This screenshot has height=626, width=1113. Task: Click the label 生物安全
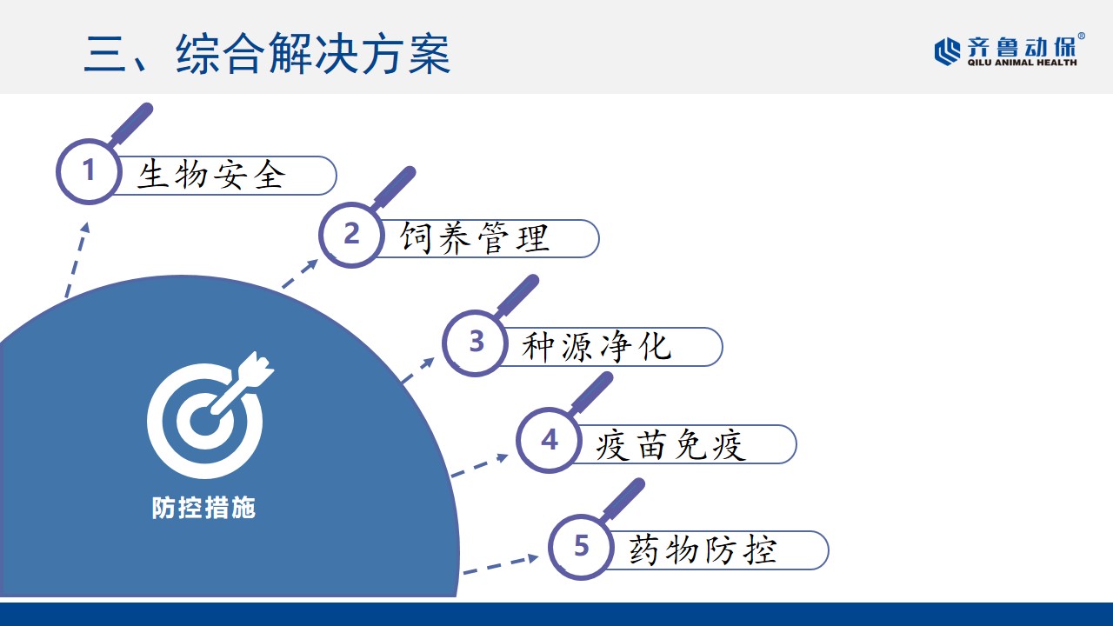coord(211,175)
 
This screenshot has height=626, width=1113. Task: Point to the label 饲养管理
coord(475,238)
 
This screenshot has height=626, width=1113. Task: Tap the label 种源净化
coord(596,346)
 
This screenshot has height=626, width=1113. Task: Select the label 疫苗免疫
coord(670,444)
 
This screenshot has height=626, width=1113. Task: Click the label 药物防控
coord(703,550)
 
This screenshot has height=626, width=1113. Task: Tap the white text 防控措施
coord(203,508)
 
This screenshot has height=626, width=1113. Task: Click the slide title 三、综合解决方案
coord(267,54)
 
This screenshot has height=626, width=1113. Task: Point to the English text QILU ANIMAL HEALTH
coord(1022,63)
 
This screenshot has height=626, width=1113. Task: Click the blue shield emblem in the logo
coord(947,51)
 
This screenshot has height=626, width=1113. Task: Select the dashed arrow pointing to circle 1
coord(77,259)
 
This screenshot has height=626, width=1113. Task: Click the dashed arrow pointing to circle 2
coord(300,273)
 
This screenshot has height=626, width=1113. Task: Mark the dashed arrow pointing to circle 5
coord(501,565)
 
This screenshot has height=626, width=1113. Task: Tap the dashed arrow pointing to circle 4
coord(479,465)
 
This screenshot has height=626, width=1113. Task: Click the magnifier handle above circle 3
coord(517,295)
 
